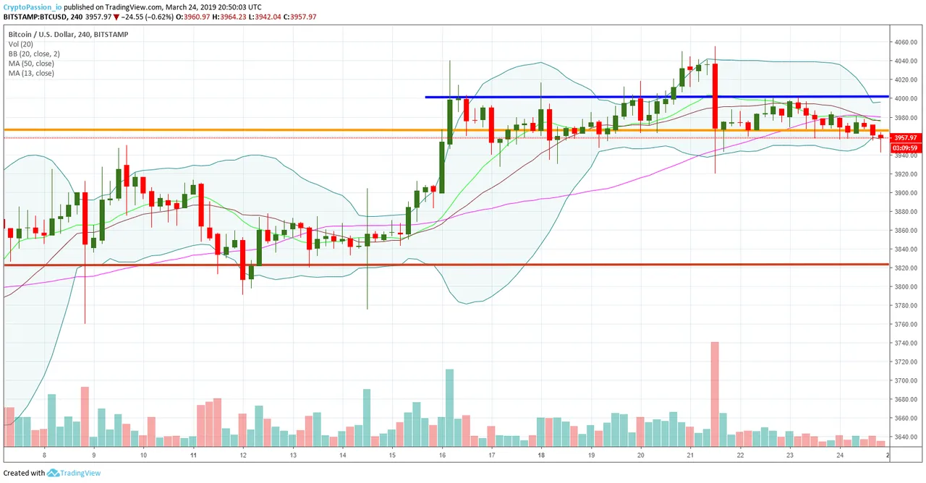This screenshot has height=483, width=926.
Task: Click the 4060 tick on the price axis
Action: (905, 42)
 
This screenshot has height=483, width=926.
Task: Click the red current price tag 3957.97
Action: (905, 137)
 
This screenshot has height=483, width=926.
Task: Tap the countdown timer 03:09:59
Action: (905, 148)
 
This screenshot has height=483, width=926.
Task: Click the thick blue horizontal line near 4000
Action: (579, 96)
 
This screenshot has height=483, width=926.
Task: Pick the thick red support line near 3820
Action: (434, 265)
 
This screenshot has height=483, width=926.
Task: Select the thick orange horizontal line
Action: (217, 130)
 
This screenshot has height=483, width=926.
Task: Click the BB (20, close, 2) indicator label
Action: (34, 54)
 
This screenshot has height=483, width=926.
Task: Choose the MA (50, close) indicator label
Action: (31, 64)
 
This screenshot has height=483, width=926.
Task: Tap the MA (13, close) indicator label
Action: (31, 73)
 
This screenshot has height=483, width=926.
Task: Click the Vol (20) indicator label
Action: (22, 44)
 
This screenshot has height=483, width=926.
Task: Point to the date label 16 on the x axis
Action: (441, 456)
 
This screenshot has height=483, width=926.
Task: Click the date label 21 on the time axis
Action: (690, 456)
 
